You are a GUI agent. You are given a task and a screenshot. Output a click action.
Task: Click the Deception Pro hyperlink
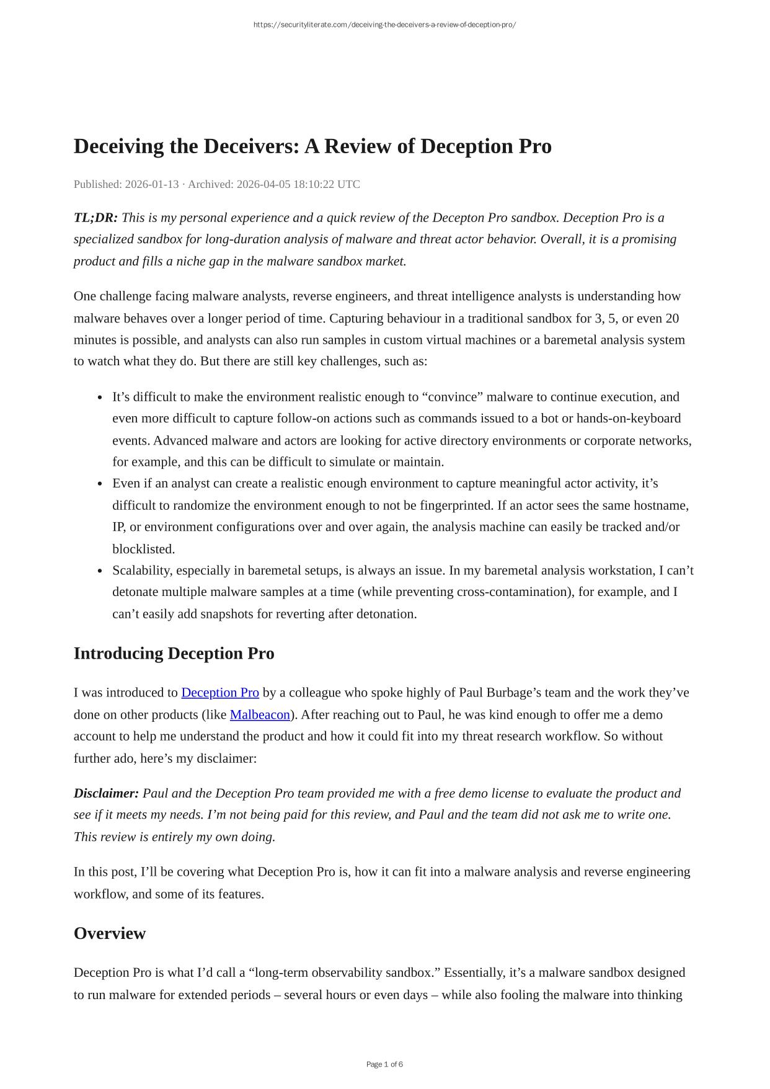[220, 693]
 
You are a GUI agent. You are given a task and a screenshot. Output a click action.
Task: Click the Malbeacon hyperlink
[260, 714]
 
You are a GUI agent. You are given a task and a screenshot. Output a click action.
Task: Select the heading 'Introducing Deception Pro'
[174, 654]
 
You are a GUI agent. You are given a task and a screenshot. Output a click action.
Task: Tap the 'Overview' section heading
[110, 933]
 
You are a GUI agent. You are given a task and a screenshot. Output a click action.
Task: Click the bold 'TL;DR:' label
[95, 218]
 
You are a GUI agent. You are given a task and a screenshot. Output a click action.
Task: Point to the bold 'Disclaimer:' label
[106, 793]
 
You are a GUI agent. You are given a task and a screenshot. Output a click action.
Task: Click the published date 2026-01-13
[152, 184]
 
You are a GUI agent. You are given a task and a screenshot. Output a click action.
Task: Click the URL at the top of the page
[384, 25]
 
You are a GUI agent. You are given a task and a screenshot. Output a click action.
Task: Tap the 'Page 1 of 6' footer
[384, 1064]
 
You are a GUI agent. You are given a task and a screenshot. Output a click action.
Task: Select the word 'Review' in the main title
[360, 146]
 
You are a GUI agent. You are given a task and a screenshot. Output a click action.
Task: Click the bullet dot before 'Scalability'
[100, 571]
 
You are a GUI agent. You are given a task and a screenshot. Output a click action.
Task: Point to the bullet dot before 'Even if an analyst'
[100, 484]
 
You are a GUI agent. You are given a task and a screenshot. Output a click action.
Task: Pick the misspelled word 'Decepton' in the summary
[458, 218]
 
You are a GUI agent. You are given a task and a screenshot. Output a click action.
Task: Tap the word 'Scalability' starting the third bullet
[141, 571]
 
